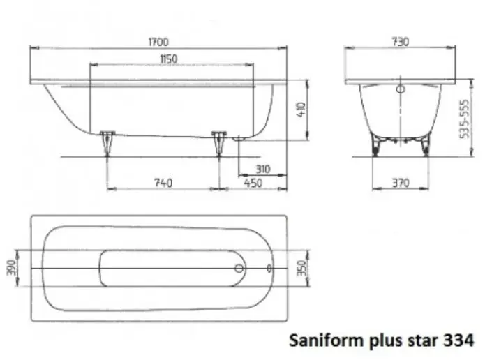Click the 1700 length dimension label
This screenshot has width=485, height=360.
click(x=158, y=42)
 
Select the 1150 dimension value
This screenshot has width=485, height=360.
click(x=168, y=59)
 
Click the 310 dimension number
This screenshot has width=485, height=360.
click(x=262, y=168)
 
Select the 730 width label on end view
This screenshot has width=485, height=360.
click(x=400, y=42)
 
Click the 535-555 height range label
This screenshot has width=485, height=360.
click(x=465, y=119)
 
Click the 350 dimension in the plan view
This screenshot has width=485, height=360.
click(x=301, y=268)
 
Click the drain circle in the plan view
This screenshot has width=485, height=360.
click(x=239, y=268)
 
